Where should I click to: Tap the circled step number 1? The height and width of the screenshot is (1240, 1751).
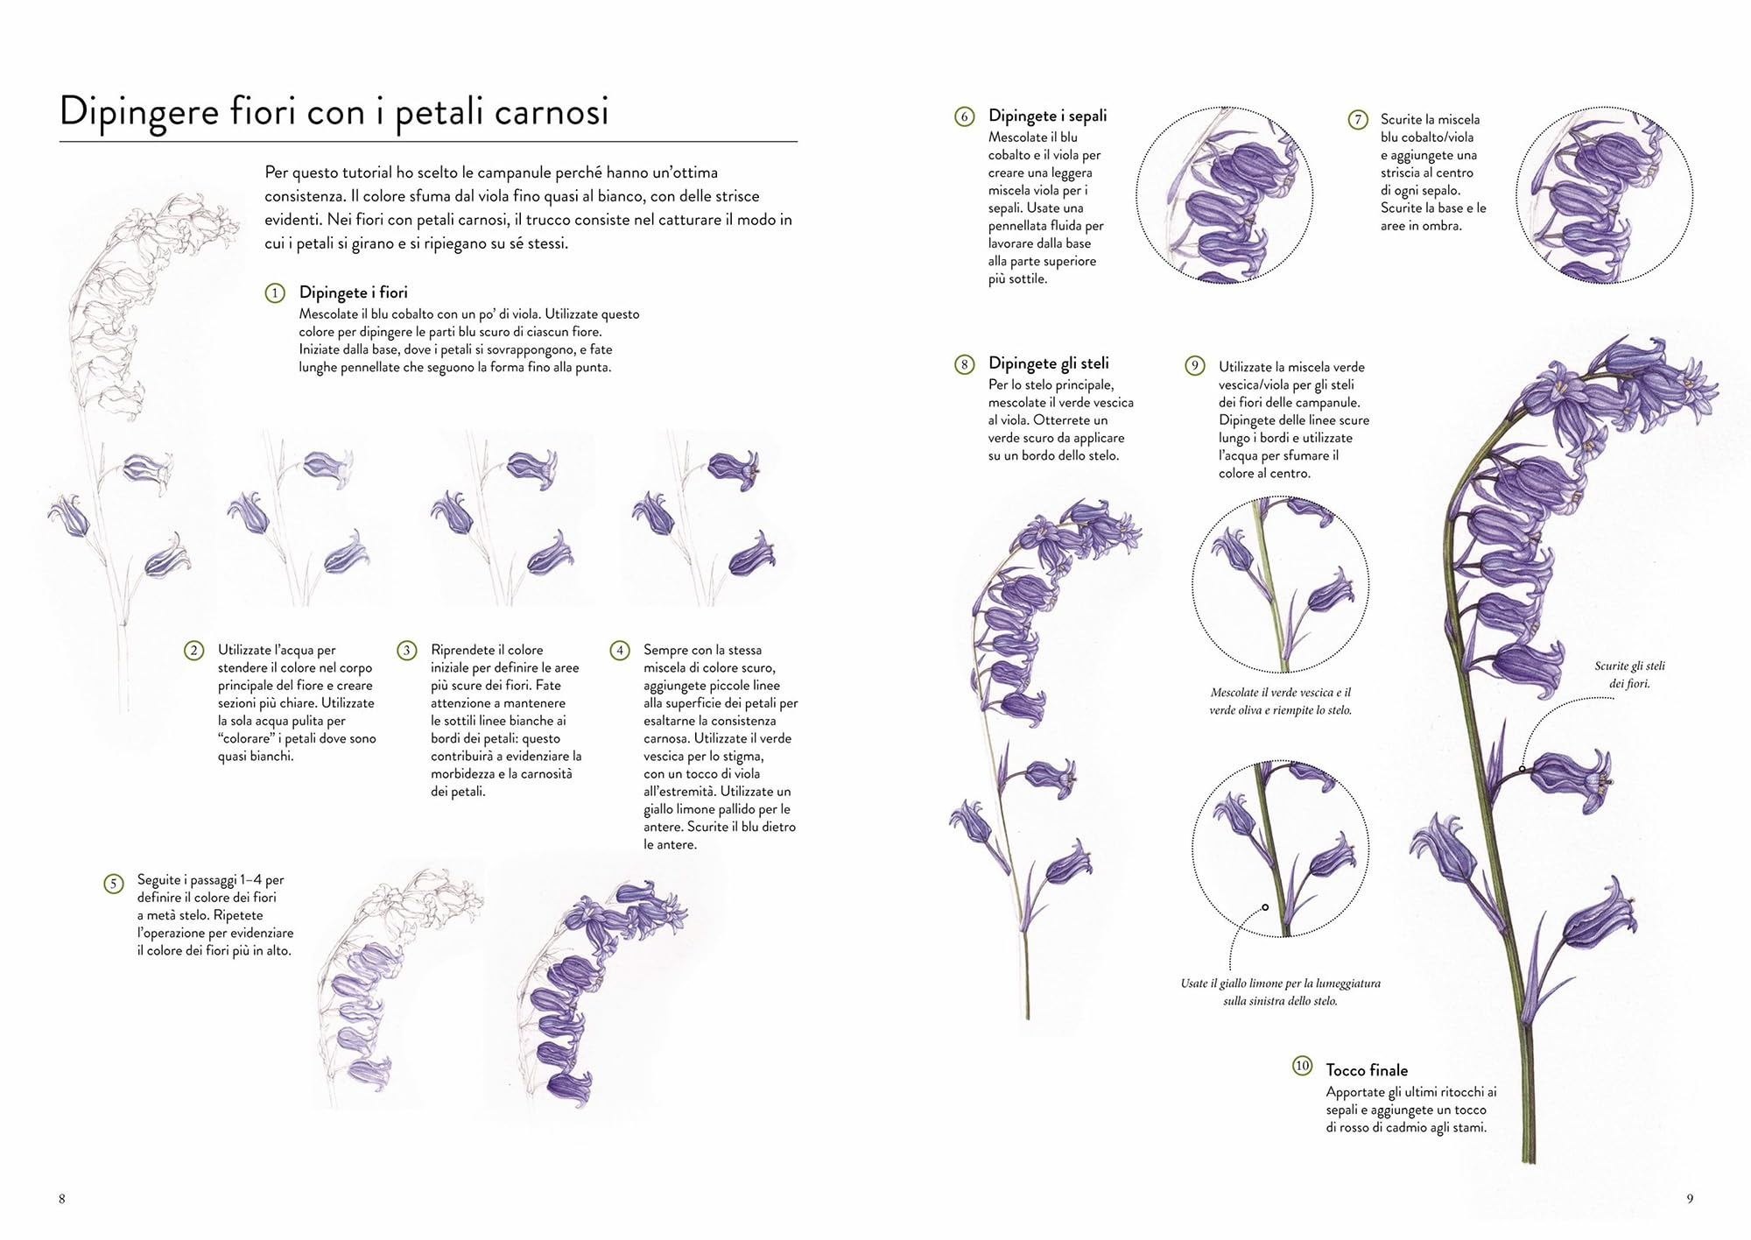pos(275,293)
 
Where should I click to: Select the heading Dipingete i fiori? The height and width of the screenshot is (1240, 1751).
pos(354,292)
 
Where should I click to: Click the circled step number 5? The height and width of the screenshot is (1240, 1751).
pos(113,884)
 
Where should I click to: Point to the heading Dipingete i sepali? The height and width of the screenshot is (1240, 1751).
pos(1048,116)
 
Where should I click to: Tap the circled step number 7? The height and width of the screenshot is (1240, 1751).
pos(1358,120)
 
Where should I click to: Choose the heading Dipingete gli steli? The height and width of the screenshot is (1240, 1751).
pos(1049,363)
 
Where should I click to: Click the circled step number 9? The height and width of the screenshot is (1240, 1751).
pos(1195,367)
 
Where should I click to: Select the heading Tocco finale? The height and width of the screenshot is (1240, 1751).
pos(1368,1070)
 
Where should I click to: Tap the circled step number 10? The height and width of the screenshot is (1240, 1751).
pos(1303,1066)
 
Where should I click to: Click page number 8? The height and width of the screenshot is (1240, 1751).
pos(61,1199)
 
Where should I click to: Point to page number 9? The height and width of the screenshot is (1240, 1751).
pos(1690,1199)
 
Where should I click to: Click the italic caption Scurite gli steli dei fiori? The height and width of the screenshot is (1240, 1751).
pos(1629,674)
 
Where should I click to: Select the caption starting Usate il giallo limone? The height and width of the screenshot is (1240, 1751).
pos(1281,992)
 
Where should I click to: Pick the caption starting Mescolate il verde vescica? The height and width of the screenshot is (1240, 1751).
pos(1281,701)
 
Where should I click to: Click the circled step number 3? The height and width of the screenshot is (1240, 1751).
pos(407,651)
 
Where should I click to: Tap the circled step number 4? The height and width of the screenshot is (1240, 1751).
pos(620,651)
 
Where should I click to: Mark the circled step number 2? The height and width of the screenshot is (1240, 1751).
pos(194,651)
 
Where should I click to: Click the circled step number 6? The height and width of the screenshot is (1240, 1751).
pos(965,116)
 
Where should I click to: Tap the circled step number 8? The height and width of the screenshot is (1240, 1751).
pos(965,364)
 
